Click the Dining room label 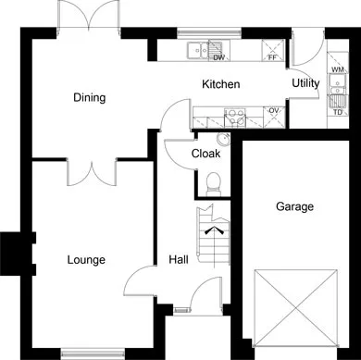click(x=90, y=98)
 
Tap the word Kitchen click(x=221, y=84)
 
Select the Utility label click(x=305, y=83)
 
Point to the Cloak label click(x=205, y=154)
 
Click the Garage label click(x=294, y=206)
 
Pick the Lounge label click(x=86, y=260)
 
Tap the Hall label click(x=179, y=259)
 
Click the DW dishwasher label click(x=219, y=57)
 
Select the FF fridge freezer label click(x=272, y=57)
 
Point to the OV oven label click(x=274, y=110)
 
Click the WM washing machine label click(x=338, y=69)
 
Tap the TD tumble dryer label click(x=338, y=112)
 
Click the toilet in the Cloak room click(x=213, y=184)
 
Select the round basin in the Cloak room click(x=223, y=139)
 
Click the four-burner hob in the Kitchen click(x=235, y=118)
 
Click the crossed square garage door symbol click(x=295, y=308)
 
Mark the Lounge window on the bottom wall click(x=93, y=353)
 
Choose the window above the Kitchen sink click(x=209, y=32)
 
